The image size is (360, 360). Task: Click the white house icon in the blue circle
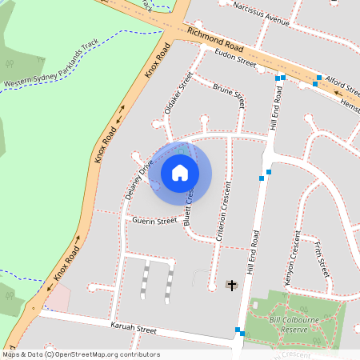180,172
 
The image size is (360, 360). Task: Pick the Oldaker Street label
177,95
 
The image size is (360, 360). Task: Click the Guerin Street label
154,220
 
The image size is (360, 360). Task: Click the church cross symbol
233,285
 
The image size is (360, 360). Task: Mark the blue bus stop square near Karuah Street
238,330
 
